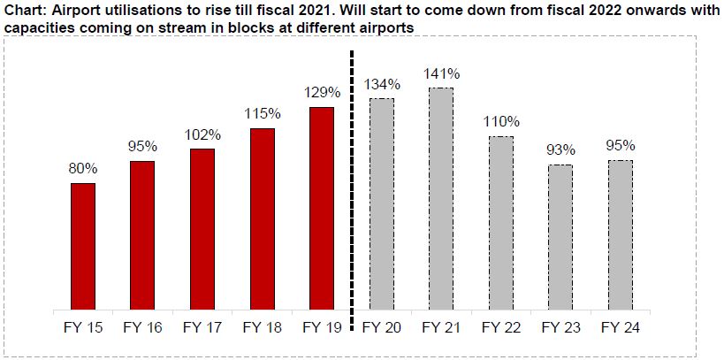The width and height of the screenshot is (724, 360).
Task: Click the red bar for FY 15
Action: tap(83, 246)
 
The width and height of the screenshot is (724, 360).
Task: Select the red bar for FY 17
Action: tap(202, 229)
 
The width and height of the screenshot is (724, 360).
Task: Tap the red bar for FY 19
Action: tap(321, 209)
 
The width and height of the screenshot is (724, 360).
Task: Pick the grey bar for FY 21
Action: tap(440, 199)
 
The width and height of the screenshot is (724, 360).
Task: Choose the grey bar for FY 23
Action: tap(560, 237)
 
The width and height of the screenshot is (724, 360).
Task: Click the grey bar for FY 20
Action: tap(381, 204)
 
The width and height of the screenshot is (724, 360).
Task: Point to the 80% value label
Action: tap(83, 168)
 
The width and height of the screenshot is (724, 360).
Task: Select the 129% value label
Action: tap(321, 92)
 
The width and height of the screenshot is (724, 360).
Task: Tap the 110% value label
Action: tap(500, 121)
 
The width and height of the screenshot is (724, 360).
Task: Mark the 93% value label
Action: tap(560, 149)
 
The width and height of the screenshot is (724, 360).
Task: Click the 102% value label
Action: tap(202, 134)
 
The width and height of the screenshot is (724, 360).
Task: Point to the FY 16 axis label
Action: tap(142, 328)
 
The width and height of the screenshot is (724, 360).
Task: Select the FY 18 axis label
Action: tap(262, 328)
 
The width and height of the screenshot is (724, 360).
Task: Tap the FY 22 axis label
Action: tap(500, 328)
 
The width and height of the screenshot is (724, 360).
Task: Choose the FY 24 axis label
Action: tap(620, 328)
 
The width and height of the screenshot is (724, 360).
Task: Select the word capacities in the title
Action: tap(39, 28)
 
